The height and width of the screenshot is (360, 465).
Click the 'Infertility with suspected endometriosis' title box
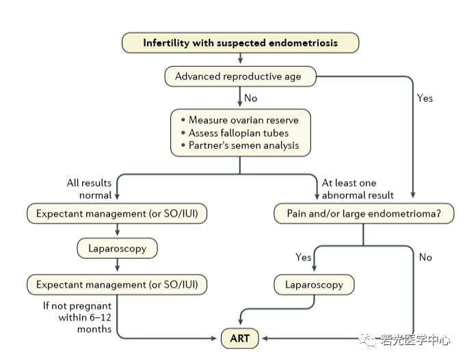(240, 43)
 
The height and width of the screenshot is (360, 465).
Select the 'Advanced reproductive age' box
(241, 77)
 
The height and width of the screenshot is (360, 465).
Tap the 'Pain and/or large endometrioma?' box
(363, 214)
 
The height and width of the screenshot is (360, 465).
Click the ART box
(240, 338)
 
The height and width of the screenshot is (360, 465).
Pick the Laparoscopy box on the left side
(118, 248)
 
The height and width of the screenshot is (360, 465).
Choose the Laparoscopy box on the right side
(315, 284)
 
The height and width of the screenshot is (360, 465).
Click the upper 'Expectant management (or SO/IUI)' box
(118, 214)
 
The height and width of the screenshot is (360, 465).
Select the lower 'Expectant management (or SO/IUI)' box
(118, 284)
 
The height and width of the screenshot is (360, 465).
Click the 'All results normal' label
(89, 189)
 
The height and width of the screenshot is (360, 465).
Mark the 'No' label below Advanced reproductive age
(251, 98)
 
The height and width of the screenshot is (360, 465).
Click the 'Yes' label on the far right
(425, 98)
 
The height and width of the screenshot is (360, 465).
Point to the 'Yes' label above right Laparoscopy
(303, 258)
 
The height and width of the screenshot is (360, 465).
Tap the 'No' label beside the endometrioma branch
(425, 258)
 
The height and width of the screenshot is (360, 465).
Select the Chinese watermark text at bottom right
(414, 339)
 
